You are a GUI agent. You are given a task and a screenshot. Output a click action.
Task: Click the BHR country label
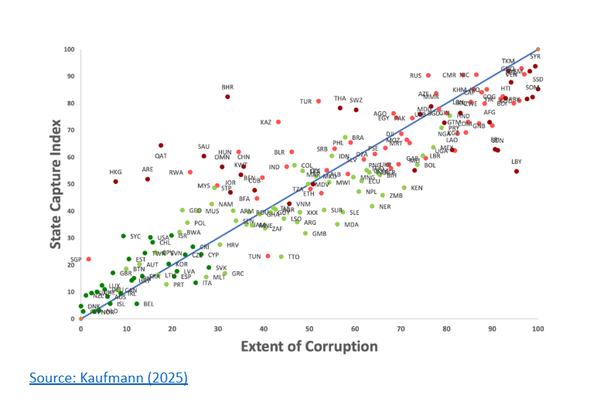(227, 87)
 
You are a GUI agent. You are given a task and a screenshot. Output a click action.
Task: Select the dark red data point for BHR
(227, 97)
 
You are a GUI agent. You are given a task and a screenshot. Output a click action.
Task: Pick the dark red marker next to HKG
(116, 182)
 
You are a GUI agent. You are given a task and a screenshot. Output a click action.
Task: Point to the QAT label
(161, 155)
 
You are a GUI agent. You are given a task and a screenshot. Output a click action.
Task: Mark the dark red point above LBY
(517, 171)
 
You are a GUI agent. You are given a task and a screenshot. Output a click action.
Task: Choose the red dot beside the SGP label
(88, 259)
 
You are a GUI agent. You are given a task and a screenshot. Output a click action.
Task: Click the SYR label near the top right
(535, 56)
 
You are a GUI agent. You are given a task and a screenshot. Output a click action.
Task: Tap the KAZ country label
(266, 122)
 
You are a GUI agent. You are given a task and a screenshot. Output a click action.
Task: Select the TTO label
(294, 257)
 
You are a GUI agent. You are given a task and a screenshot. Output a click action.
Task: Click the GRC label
(237, 274)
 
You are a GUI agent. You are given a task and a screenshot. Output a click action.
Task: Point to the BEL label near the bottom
(148, 304)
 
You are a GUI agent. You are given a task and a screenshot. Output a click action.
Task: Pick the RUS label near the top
(416, 76)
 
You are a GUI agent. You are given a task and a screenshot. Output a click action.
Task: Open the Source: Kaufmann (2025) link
(108, 378)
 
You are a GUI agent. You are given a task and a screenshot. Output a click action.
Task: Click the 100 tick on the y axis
(69, 49)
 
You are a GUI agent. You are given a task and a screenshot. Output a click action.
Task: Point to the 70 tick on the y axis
(70, 130)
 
